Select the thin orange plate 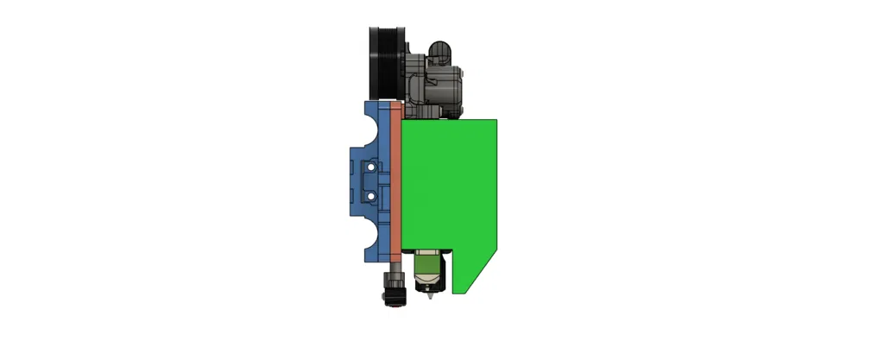[396, 181]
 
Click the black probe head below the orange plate [394, 294]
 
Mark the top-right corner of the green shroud [496, 119]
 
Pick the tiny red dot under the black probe [394, 305]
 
